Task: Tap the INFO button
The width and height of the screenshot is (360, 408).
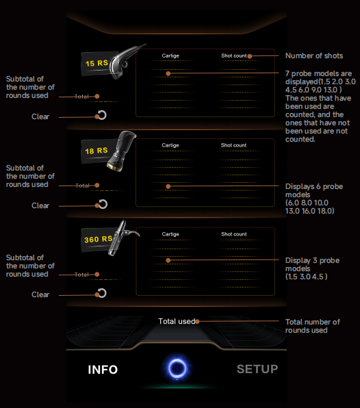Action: pos(103,370)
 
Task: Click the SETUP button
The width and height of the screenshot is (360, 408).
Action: pos(257,369)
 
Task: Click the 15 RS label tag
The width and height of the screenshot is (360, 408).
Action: pos(97,63)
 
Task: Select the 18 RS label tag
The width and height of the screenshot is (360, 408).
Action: pos(97,151)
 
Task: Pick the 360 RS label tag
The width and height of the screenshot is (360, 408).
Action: pos(99,239)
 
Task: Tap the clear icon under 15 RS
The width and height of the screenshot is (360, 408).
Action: pos(102,115)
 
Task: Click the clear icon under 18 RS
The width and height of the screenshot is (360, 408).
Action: pos(103,204)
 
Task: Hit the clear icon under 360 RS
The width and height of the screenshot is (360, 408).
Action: pos(102,293)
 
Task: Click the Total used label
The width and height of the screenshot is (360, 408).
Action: pos(177,321)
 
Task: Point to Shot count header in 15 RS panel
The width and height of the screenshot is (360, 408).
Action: pos(233,55)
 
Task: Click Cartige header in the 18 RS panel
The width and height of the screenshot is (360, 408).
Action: pos(170,145)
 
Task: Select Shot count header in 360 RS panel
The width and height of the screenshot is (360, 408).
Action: pos(234,234)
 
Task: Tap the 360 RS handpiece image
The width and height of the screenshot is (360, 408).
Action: pos(123,238)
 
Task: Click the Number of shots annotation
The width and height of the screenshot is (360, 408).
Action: pos(314,55)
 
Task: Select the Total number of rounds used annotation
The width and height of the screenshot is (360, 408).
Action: pos(312,326)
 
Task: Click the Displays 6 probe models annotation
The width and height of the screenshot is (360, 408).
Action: pos(314,199)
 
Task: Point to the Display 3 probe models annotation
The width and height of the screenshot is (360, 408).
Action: pos(312,268)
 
